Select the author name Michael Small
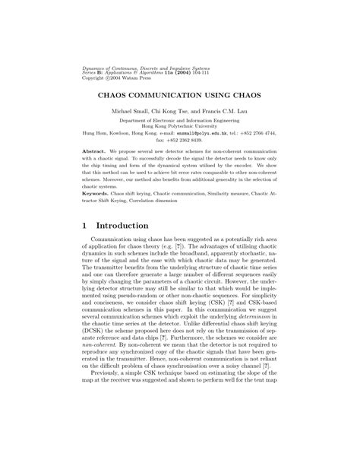(x=131, y=112)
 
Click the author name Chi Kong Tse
(x=172, y=112)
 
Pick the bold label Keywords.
(x=96, y=195)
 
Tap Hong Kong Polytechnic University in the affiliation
(x=179, y=126)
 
